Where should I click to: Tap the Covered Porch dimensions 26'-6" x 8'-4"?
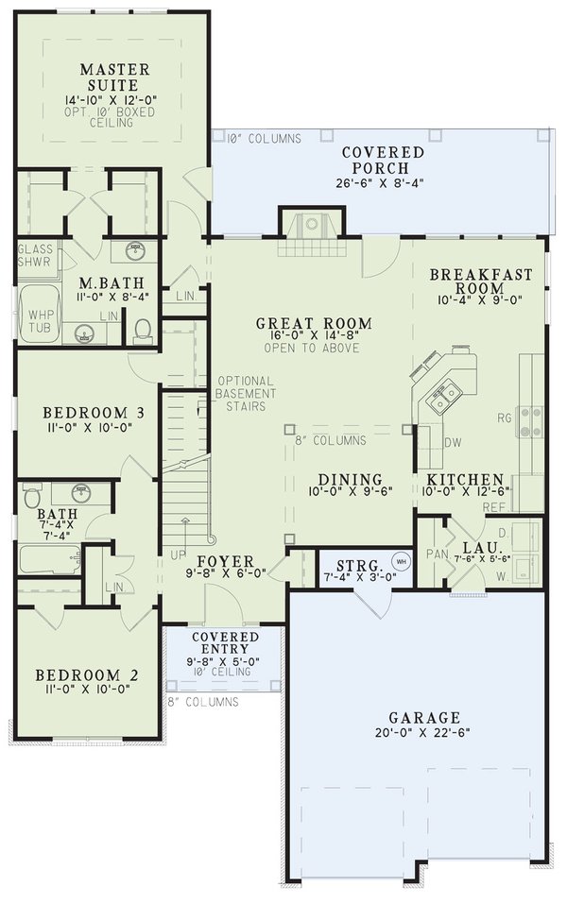click(x=383, y=183)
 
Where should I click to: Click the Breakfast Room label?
click(x=480, y=281)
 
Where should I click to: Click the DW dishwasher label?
click(x=452, y=441)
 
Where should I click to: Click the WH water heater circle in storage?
click(x=400, y=560)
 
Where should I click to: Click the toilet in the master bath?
click(x=143, y=330)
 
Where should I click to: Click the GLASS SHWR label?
click(x=37, y=256)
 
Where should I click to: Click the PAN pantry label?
click(x=436, y=554)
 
